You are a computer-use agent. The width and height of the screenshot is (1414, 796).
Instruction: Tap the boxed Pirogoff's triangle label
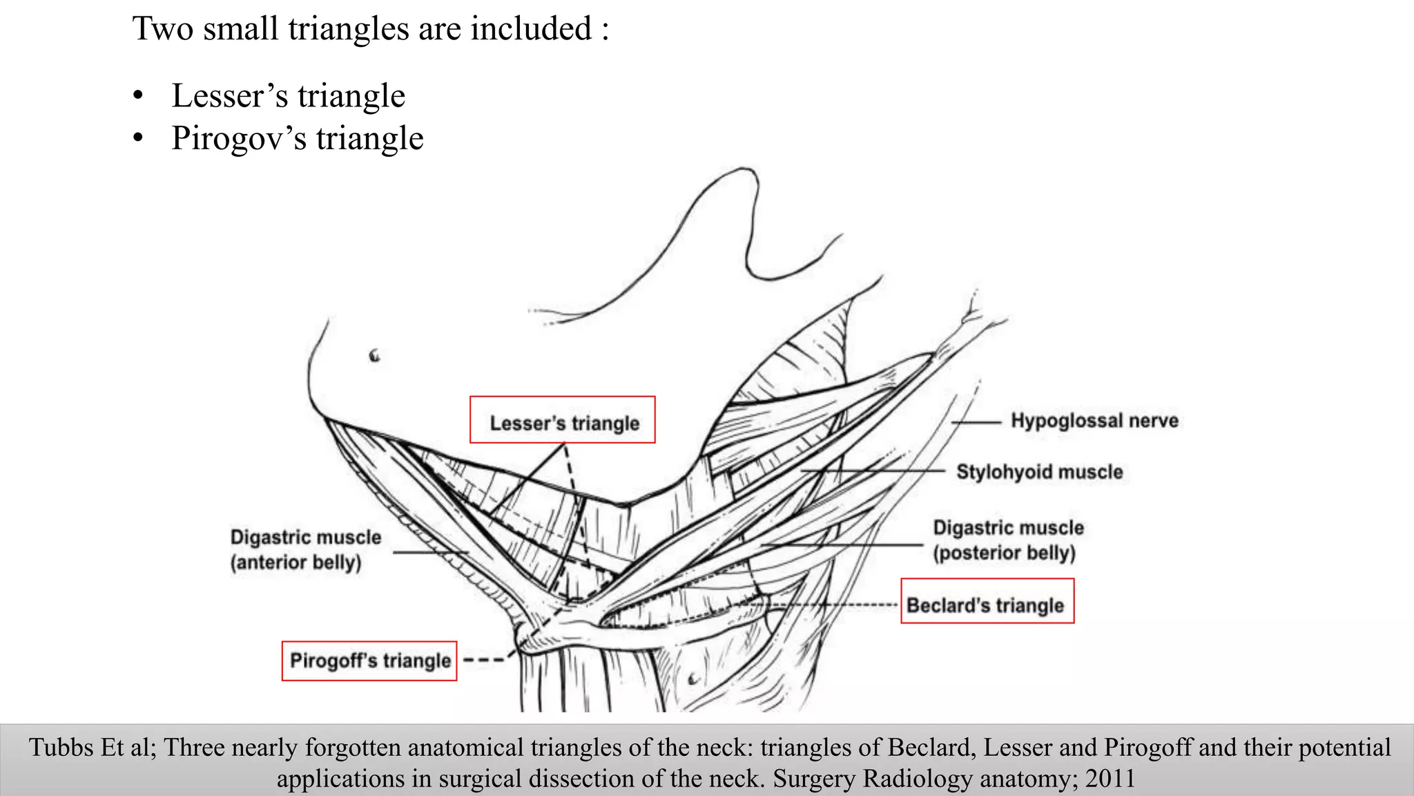369,661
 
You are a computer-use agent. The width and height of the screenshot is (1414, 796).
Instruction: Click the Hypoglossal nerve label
1094,420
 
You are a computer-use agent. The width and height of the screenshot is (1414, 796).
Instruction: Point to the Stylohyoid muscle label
1039,472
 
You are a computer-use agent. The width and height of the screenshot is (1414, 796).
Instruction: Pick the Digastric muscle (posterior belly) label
1007,540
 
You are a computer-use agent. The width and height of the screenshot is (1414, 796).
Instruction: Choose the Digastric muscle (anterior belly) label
305,549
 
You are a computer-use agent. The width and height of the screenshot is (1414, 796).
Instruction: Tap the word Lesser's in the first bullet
229,95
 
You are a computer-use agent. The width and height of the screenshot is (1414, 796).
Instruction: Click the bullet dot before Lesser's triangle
139,95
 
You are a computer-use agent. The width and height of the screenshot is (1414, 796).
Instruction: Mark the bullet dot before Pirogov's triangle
139,138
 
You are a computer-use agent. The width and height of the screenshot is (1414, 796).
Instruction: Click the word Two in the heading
163,29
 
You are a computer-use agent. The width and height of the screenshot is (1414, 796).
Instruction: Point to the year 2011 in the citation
1110,779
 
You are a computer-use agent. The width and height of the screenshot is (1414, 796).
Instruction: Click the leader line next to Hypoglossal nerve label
976,421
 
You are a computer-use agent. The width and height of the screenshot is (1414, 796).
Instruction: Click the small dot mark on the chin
375,356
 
